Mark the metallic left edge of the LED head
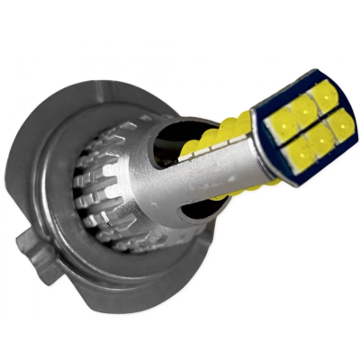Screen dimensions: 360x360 click(263, 135)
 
